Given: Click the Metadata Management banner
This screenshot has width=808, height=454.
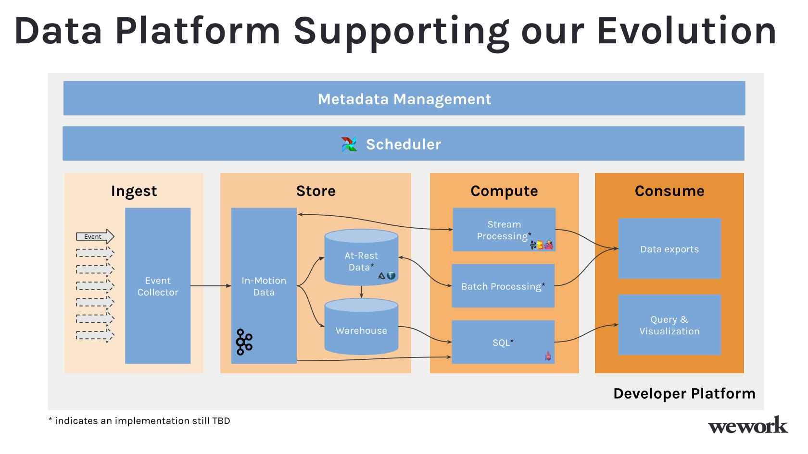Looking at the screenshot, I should click(404, 98).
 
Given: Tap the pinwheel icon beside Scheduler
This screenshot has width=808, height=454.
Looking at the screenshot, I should click(350, 144).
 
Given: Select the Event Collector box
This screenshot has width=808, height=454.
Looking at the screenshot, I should click(158, 286).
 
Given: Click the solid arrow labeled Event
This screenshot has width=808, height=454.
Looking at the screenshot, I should click(95, 236).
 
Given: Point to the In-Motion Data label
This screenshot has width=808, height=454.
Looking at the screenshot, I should click(264, 286).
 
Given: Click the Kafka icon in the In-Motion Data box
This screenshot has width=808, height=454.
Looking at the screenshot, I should click(244, 342).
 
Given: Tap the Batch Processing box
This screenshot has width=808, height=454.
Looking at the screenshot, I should click(503, 286).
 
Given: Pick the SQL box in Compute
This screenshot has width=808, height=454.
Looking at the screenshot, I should click(503, 342).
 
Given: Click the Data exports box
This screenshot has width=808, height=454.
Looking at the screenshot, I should click(669, 249).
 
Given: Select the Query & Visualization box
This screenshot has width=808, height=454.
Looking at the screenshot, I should click(669, 325).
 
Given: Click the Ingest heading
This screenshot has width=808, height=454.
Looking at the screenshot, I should click(134, 191).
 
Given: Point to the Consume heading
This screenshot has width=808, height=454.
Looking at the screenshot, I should click(669, 191).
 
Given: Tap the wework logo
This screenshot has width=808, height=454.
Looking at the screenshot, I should click(747, 425).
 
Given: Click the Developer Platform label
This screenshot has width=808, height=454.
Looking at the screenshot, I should click(684, 393).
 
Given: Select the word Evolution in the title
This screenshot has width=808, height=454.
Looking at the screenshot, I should click(686, 30).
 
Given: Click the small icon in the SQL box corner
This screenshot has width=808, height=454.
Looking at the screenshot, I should click(548, 356).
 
